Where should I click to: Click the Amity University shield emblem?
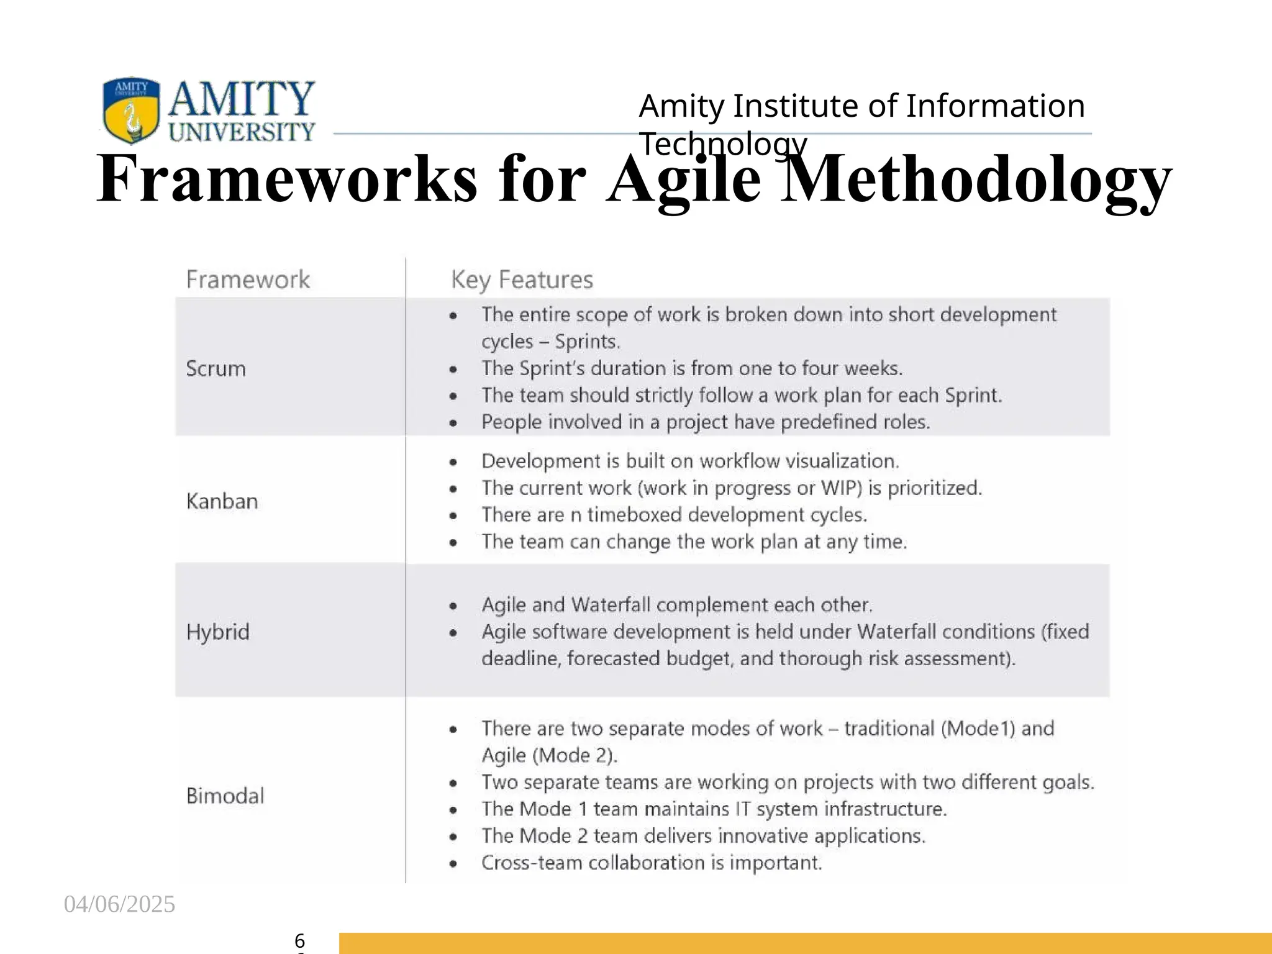click(x=131, y=110)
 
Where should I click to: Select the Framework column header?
click(x=248, y=279)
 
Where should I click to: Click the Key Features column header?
click(x=522, y=279)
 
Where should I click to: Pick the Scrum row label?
click(x=216, y=369)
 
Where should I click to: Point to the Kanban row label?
click(x=222, y=501)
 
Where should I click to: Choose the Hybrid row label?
click(x=218, y=632)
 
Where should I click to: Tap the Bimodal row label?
click(x=225, y=796)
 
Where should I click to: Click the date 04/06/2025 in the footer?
click(x=119, y=904)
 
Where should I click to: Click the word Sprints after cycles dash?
click(x=587, y=342)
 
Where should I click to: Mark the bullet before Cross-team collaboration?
click(x=453, y=863)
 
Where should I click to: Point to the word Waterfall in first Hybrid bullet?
click(x=611, y=605)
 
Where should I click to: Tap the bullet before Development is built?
click(x=453, y=462)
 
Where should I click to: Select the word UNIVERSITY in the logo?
click(x=242, y=132)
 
